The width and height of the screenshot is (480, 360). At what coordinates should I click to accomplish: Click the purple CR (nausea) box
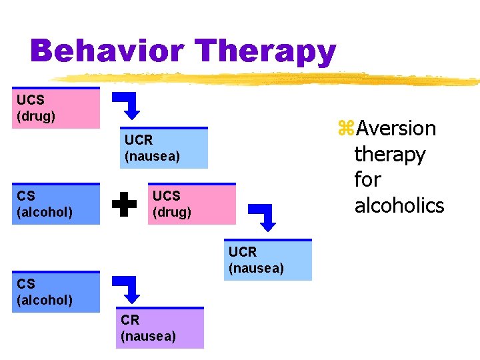pyautogui.click(x=162, y=328)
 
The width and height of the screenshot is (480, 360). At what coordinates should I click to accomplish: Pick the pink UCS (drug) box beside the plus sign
pyautogui.click(x=192, y=204)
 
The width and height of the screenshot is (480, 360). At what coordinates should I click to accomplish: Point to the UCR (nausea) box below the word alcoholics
pyautogui.click(x=268, y=260)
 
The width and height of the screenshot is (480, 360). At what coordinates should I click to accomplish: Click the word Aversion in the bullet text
pyautogui.click(x=395, y=128)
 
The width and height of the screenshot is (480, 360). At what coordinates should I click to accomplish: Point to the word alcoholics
pyautogui.click(x=399, y=205)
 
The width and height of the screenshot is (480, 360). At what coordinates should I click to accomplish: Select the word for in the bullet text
pyautogui.click(x=367, y=180)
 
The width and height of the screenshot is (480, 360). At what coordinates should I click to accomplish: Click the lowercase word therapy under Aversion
pyautogui.click(x=389, y=155)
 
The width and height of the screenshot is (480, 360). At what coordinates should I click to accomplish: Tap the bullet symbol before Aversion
pyautogui.click(x=345, y=129)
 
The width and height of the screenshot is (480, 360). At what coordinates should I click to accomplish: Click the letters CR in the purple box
pyautogui.click(x=130, y=320)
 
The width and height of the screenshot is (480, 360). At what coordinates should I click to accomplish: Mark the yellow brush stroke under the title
pyautogui.click(x=267, y=79)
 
